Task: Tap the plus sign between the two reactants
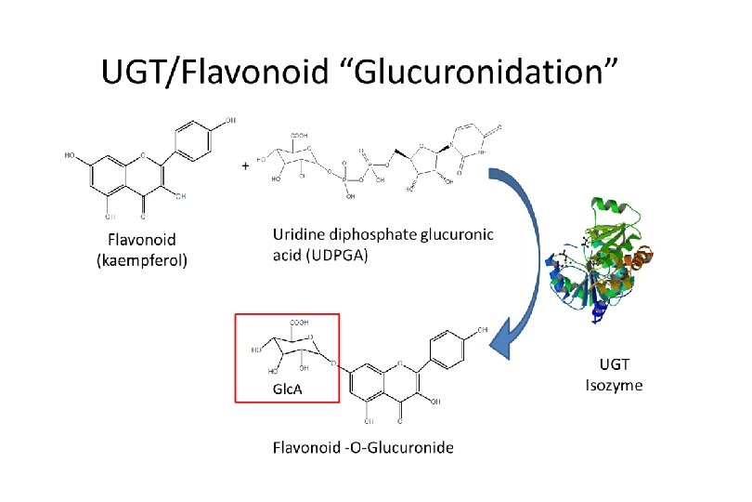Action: pos(245,165)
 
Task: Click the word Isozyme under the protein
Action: pos(614,385)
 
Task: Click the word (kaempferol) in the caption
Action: pos(142,260)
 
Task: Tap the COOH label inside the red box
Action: pos(299,323)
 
